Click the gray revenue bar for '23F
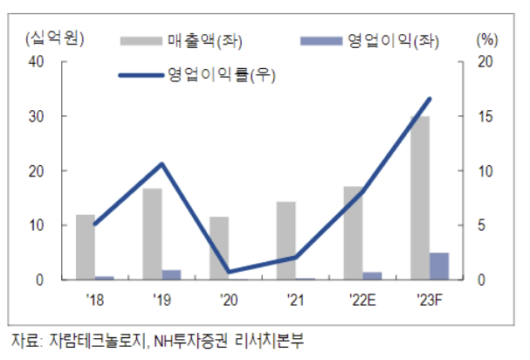(x=419, y=197)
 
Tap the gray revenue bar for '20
(x=218, y=248)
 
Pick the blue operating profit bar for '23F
(x=439, y=267)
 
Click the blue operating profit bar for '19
(x=172, y=275)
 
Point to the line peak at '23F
(x=430, y=99)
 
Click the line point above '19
(x=162, y=163)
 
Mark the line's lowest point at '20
(x=229, y=273)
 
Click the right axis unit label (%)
(x=486, y=38)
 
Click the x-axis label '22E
(x=361, y=300)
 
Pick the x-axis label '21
(x=295, y=300)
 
